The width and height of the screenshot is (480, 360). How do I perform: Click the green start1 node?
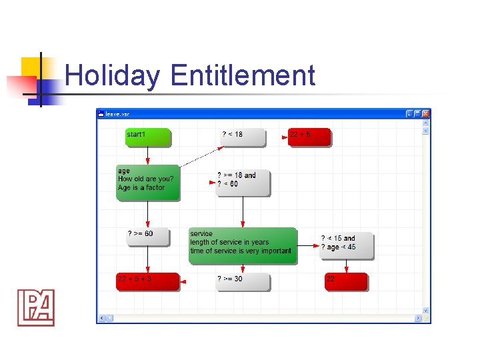click(148, 137)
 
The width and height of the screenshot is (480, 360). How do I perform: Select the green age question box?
click(148, 182)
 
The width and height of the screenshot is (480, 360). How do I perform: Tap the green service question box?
click(243, 245)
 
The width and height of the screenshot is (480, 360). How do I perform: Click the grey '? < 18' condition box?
click(243, 137)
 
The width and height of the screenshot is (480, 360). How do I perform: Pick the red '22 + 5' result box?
click(309, 137)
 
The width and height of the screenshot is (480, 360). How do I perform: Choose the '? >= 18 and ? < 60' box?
click(243, 182)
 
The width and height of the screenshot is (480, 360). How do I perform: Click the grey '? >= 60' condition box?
click(148, 237)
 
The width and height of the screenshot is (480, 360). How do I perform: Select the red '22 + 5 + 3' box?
click(148, 281)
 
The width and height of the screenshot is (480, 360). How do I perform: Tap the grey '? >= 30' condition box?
click(243, 282)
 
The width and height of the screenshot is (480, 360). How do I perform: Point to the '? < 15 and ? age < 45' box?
click(346, 245)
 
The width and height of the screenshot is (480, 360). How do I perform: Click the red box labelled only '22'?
click(346, 281)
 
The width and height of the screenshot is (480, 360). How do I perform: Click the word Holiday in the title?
click(113, 75)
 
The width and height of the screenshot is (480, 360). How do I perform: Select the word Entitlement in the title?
click(243, 75)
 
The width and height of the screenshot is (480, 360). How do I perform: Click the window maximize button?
click(417, 114)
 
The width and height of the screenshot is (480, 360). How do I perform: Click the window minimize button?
click(409, 114)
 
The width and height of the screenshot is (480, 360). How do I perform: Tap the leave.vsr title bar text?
click(117, 114)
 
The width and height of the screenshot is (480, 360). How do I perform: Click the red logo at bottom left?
click(36, 307)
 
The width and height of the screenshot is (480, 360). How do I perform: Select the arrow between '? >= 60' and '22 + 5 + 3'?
click(148, 260)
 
